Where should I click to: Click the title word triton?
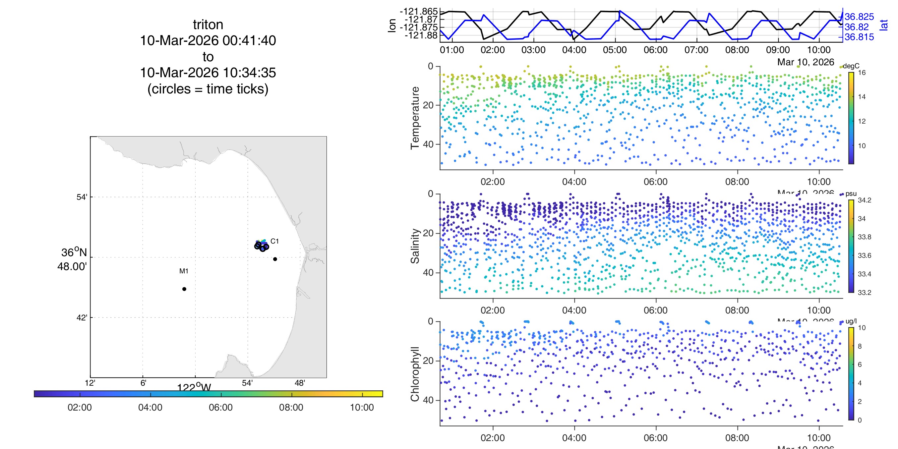click(x=208, y=25)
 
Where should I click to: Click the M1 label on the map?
click(x=184, y=271)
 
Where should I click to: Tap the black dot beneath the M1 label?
click(x=184, y=289)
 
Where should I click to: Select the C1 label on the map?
click(x=275, y=241)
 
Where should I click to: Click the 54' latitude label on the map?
click(x=82, y=197)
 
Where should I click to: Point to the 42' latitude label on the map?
click(x=82, y=317)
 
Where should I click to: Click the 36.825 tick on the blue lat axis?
click(x=859, y=17)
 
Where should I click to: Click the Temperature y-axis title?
click(x=415, y=118)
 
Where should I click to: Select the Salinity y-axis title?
click(x=415, y=246)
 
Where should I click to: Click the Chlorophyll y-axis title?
click(x=415, y=374)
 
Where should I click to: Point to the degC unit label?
click(x=851, y=66)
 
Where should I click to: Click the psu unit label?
click(x=851, y=194)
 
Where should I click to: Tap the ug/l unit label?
click(x=851, y=321)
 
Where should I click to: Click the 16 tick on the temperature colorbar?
click(x=862, y=73)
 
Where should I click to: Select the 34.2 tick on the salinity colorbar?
click(x=864, y=200)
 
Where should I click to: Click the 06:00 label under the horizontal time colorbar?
click(x=221, y=407)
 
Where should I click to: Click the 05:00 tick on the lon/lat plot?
click(x=615, y=50)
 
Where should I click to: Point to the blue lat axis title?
click(x=884, y=25)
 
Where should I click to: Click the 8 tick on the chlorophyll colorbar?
click(x=860, y=346)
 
